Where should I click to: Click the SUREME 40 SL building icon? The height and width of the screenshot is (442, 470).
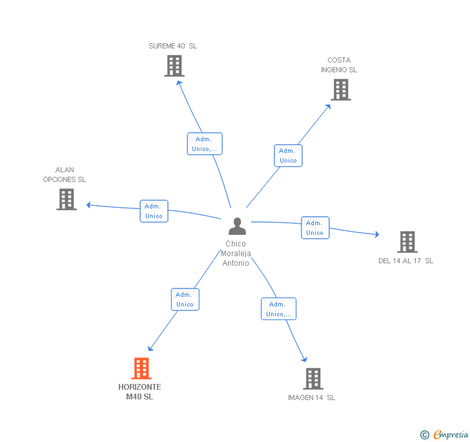point(174,66)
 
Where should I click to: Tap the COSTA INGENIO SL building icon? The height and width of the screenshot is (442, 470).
point(340,90)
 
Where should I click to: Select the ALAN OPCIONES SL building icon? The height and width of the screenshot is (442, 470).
point(66,199)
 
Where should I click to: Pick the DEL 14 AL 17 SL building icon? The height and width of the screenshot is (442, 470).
point(407,242)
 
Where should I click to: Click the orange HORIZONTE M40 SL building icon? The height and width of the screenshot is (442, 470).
point(141,368)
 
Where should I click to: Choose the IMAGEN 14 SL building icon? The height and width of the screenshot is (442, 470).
point(312,379)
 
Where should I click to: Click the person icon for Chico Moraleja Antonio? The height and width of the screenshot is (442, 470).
point(237,226)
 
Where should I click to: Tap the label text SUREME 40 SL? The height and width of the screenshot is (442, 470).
point(172,46)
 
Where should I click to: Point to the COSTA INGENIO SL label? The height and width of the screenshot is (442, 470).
point(338,65)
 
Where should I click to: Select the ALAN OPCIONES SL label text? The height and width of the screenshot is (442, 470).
point(65,175)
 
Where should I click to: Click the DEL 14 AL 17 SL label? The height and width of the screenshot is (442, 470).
point(405,261)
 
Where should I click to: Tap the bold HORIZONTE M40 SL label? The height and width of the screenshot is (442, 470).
point(139,392)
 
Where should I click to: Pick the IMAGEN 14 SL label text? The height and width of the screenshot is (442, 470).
point(311,397)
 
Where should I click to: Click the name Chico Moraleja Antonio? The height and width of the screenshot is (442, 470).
point(236,254)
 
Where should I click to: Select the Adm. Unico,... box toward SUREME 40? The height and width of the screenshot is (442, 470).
point(205,144)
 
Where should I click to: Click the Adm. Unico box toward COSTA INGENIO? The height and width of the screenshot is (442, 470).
point(288,156)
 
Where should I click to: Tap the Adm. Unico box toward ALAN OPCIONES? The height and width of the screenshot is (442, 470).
point(154,211)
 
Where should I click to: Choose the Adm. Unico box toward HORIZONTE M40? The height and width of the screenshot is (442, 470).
point(185,299)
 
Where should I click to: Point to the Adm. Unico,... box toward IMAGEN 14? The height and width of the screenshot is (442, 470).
point(278,309)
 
